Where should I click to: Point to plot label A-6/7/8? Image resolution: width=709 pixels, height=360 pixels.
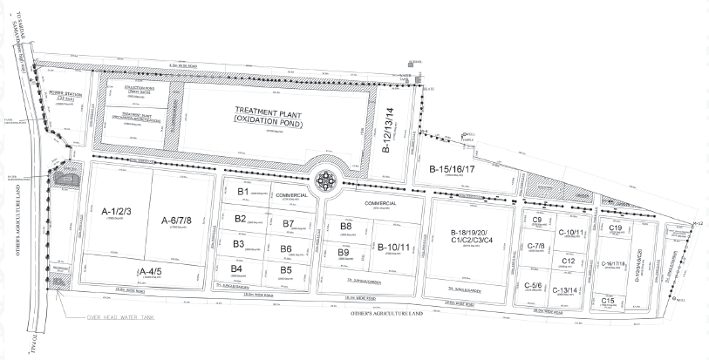(x=181, y=221)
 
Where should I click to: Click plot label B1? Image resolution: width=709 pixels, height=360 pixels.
(x=243, y=191)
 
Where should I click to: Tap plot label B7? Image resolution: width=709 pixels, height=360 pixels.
(x=288, y=224)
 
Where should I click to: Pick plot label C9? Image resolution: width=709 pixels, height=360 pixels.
(x=537, y=219)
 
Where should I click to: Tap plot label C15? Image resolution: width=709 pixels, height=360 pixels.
(x=608, y=301)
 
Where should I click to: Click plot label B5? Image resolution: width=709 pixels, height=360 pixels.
(x=286, y=270)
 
